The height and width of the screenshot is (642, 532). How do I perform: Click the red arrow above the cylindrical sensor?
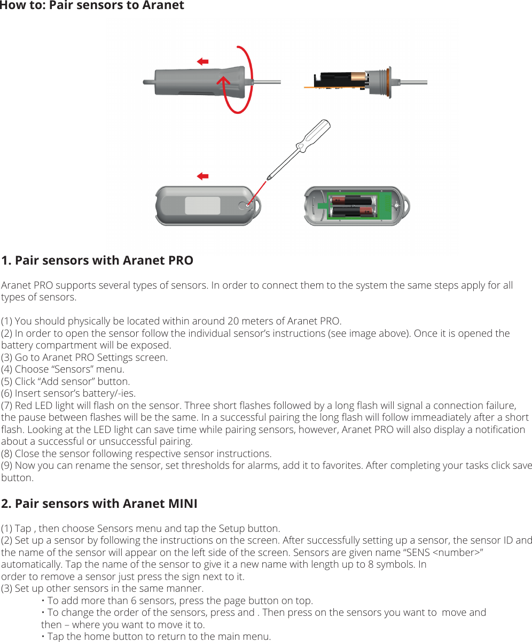pos(202,62)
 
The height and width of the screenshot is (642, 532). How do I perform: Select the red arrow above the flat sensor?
pos(202,176)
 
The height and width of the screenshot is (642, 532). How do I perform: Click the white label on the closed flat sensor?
pos(202,206)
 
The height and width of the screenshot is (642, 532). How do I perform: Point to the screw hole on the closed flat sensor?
pos(244,205)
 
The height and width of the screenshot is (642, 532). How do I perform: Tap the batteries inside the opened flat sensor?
pos(352,207)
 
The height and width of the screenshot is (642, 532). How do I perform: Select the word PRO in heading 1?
pos(179,261)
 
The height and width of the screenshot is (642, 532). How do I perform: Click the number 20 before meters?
pos(233,321)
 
